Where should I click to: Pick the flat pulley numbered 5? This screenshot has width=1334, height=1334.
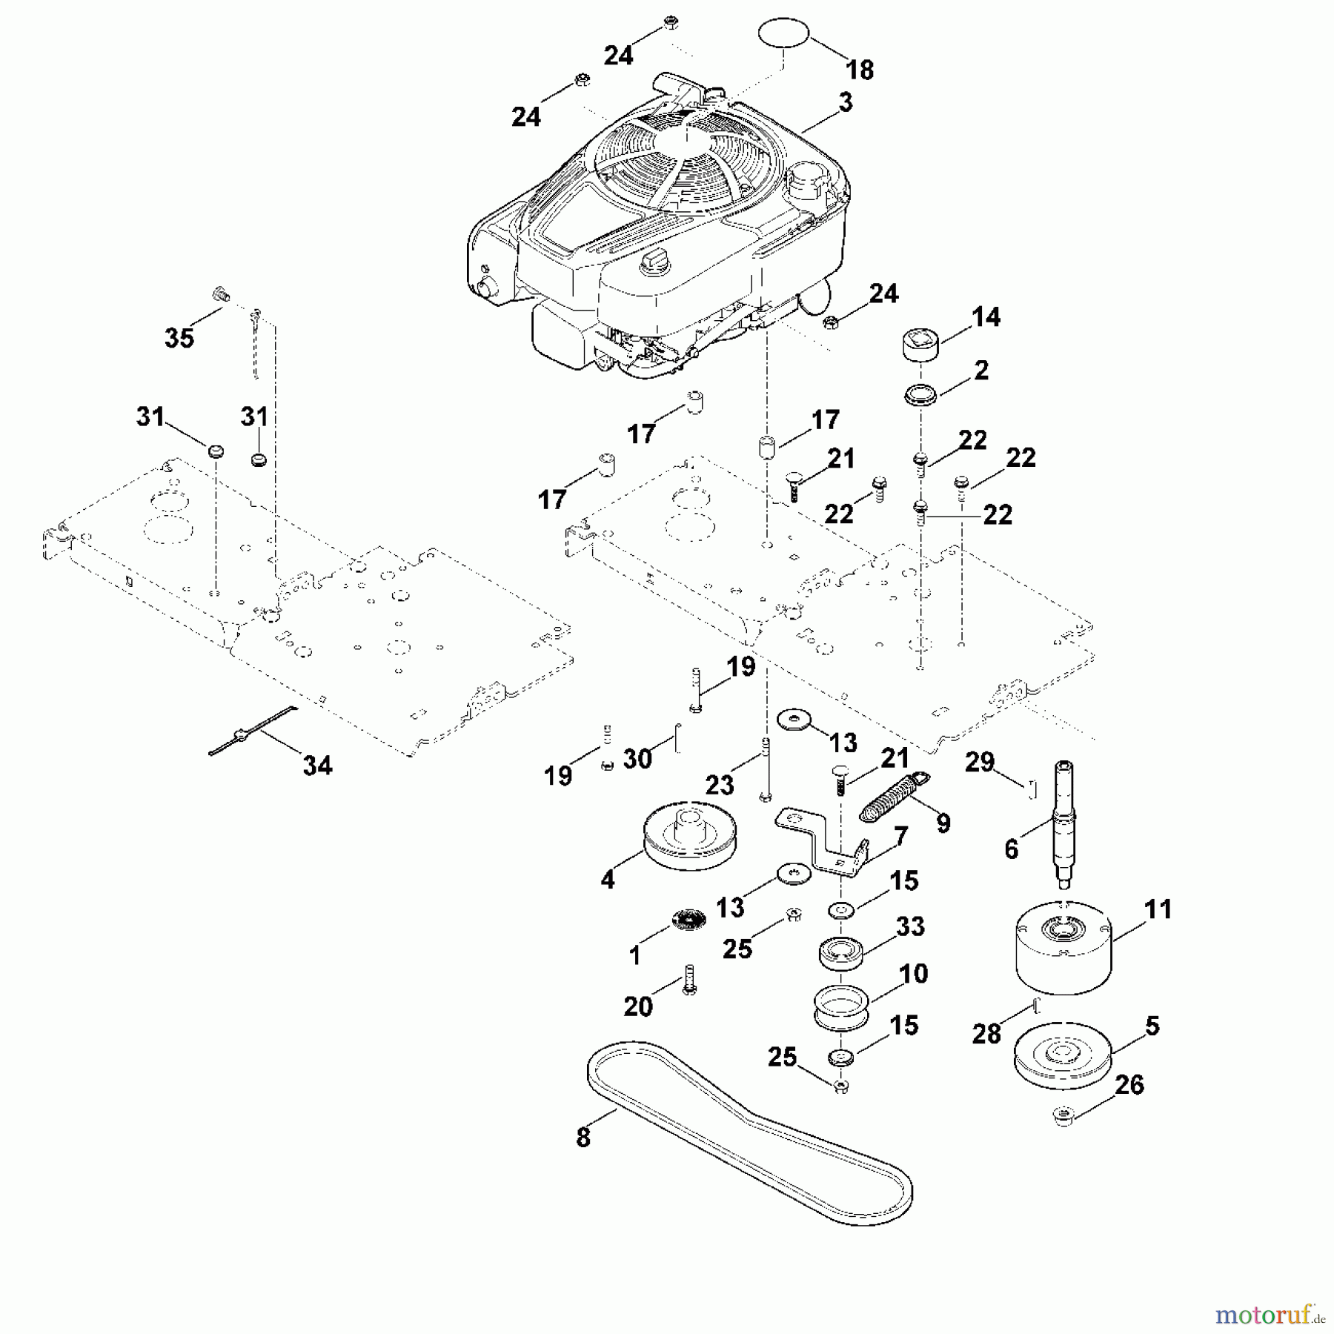point(1063,1056)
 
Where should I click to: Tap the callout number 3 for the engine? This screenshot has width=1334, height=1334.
point(846,102)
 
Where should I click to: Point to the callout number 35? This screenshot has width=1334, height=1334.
point(179,338)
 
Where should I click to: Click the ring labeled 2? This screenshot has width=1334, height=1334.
point(920,394)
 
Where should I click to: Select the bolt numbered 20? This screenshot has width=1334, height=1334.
point(690,978)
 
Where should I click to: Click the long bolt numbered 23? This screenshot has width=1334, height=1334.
point(766,771)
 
